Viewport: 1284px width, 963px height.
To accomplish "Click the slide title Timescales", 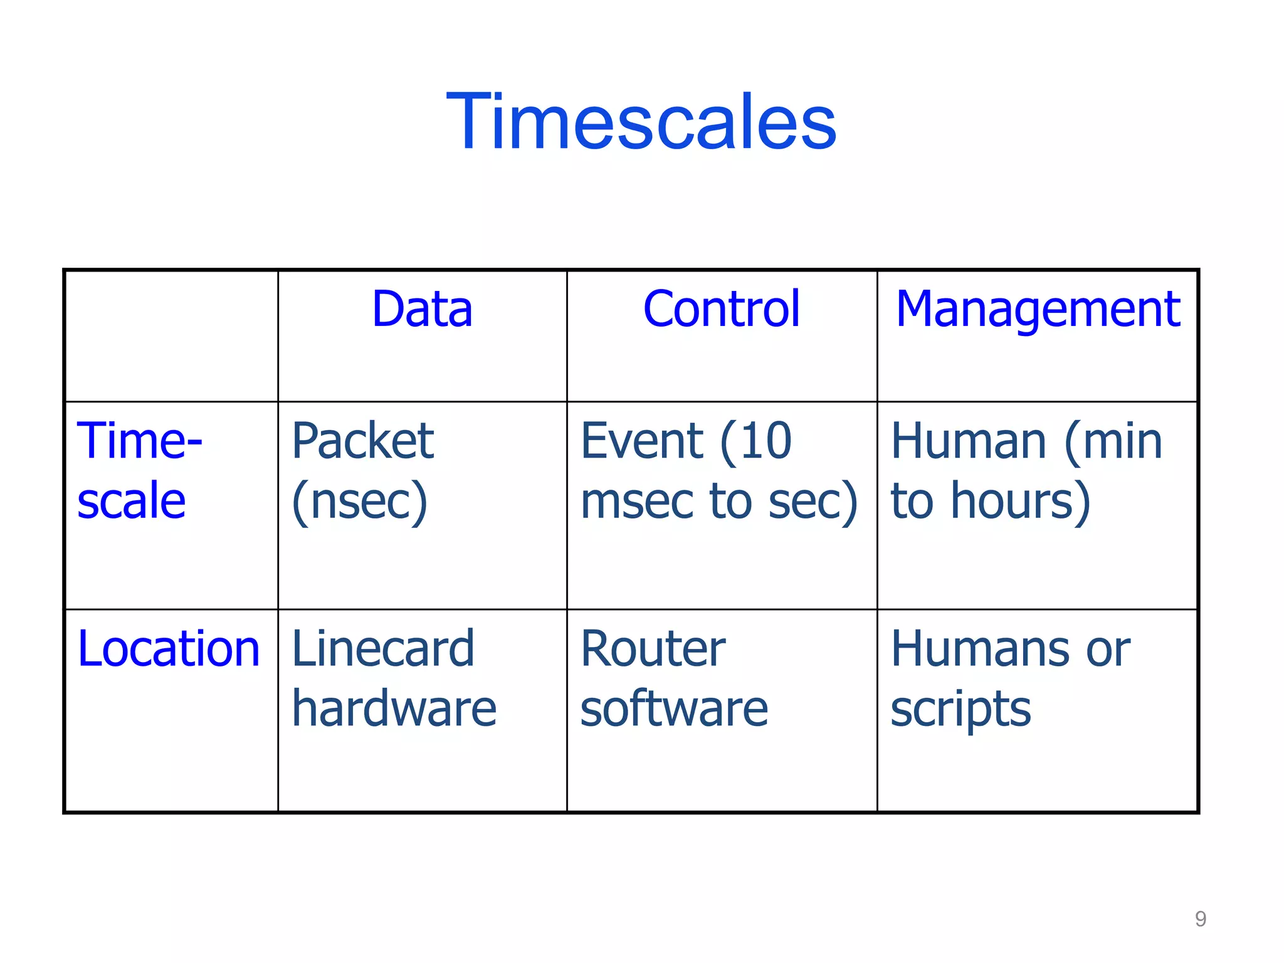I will (641, 122).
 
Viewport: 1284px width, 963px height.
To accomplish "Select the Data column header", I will (422, 309).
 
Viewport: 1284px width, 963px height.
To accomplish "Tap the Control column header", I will (722, 309).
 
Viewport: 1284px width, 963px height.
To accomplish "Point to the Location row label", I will (169, 649).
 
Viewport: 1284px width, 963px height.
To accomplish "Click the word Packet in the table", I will (363, 441).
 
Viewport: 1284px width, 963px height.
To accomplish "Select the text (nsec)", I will (360, 502).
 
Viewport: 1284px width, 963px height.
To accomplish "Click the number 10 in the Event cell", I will (766, 441).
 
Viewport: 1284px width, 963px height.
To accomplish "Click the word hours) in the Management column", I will (1021, 502).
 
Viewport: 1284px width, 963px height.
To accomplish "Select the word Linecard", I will (383, 649).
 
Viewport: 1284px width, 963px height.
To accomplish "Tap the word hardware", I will (394, 708).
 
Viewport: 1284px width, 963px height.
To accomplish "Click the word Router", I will (653, 649).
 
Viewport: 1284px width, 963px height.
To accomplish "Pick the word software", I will (674, 708).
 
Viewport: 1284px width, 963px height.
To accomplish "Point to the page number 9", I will (1200, 919).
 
